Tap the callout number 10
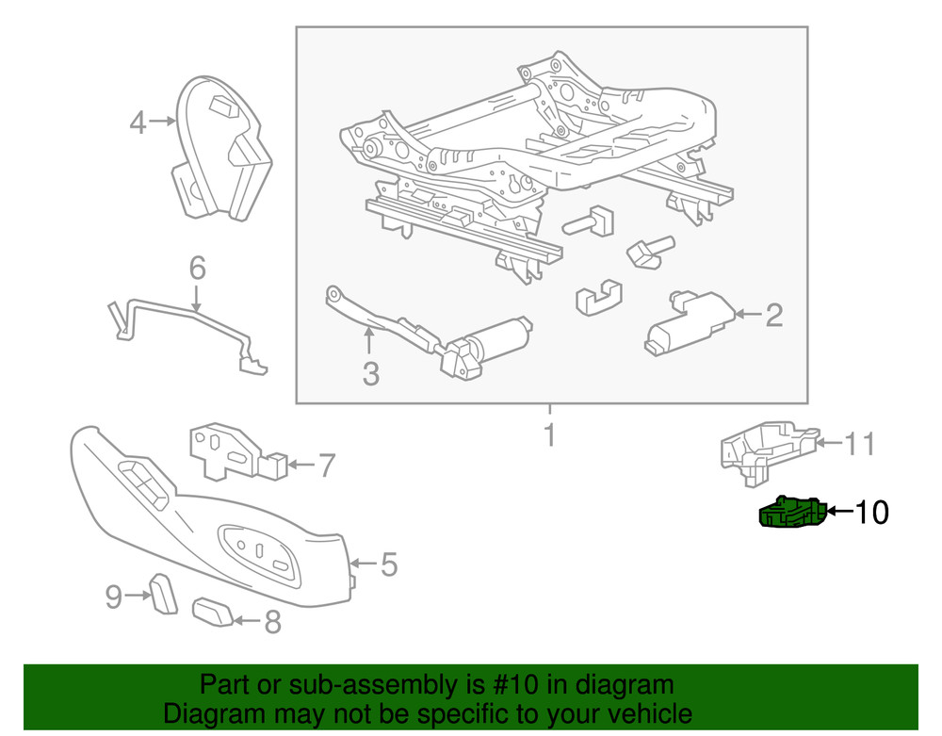point(871,513)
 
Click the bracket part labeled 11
point(765,448)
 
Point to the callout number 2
point(773,315)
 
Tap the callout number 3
point(370,373)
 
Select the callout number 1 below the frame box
point(549,436)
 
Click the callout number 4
point(138,123)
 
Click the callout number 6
point(196,269)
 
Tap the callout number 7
point(325,465)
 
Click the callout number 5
point(387,564)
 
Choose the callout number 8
point(271,622)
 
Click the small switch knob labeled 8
point(214,613)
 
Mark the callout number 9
point(114,596)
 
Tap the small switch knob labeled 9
point(161,592)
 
